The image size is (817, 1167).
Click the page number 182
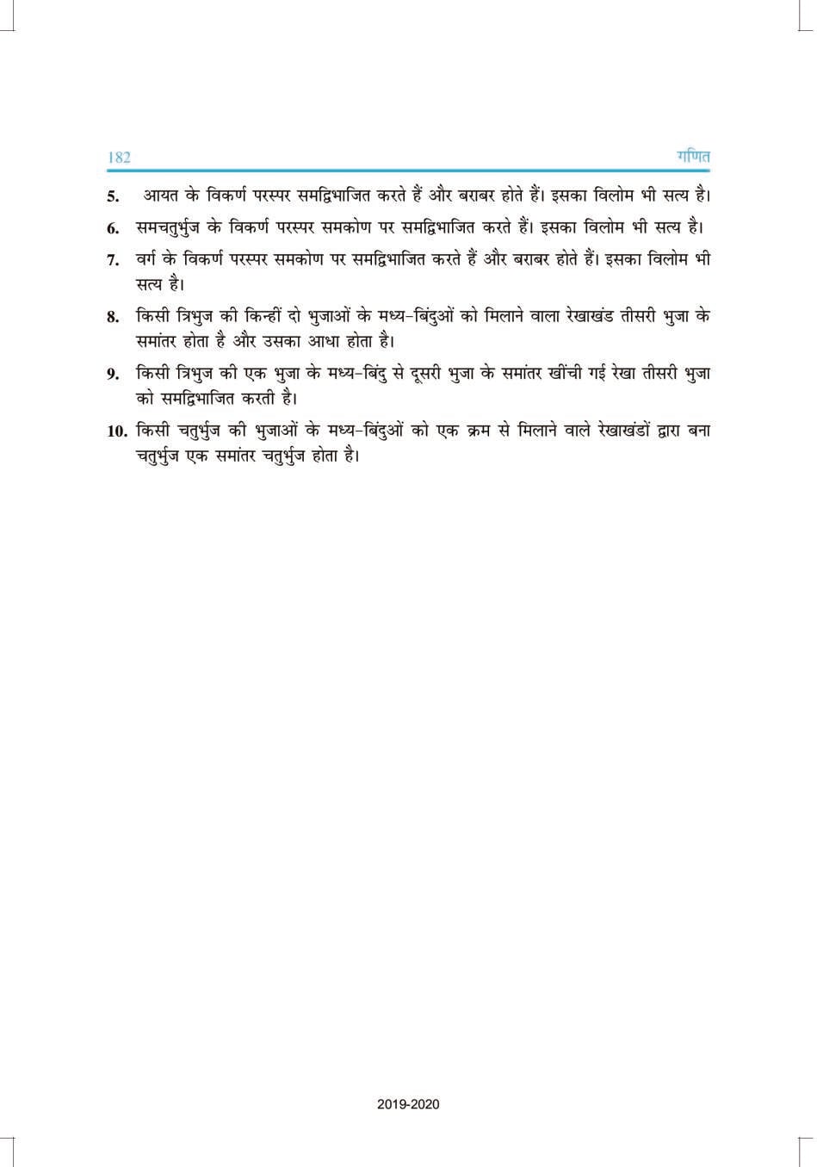coord(119,158)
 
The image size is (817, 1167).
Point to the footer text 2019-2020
coord(408,1103)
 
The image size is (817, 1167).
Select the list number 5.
coord(113,196)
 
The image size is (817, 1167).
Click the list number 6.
coord(113,229)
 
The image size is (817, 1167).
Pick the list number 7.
coord(113,260)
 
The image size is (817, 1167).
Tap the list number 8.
coord(113,317)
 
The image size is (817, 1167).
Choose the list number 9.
coord(113,374)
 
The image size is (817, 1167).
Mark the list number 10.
coord(117,431)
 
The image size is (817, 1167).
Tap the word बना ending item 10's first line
coord(698,430)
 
